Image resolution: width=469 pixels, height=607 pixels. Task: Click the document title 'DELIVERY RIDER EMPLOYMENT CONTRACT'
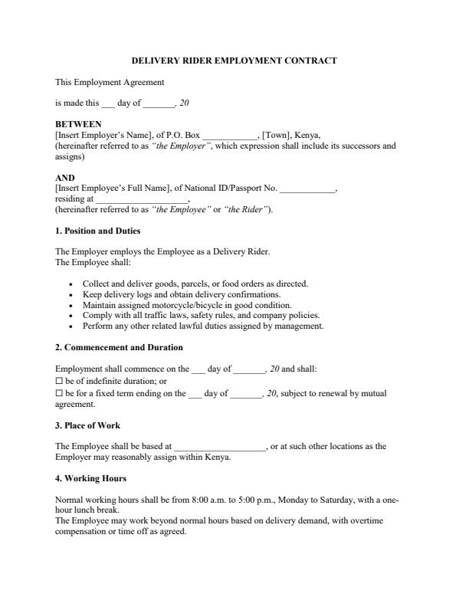235,60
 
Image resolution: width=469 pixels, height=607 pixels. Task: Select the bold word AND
65,178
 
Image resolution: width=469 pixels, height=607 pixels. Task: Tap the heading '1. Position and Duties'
97,231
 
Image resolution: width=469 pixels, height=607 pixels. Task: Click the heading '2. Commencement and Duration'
119,347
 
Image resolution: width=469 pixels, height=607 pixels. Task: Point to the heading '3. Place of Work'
87,425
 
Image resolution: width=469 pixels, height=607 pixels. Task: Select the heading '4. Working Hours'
90,479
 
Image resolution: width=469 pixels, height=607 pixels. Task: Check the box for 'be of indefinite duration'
59,381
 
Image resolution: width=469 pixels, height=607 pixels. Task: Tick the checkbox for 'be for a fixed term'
59,393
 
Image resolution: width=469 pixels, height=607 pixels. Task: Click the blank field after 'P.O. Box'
231,134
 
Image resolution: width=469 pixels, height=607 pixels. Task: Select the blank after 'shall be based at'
220,447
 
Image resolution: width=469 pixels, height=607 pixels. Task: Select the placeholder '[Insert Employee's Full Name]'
112,188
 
